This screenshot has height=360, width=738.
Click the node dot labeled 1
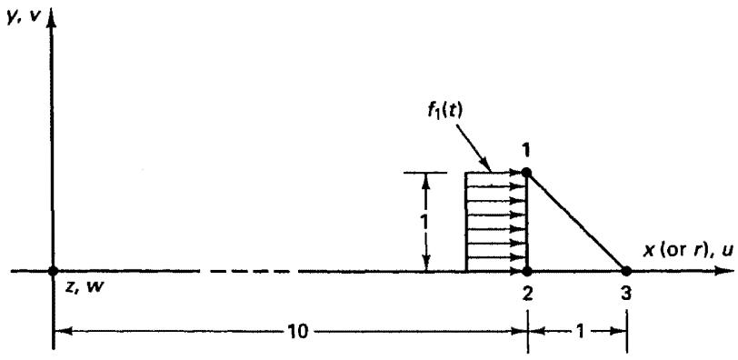526,173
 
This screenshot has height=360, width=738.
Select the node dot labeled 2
527,271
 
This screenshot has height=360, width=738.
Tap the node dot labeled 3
626,271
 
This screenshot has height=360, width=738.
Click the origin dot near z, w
53,271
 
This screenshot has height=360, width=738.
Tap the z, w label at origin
84,287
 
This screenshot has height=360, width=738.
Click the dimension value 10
296,332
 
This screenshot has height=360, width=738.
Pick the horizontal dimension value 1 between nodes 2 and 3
580,332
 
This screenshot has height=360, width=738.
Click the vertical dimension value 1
425,222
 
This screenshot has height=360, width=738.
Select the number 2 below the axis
527,295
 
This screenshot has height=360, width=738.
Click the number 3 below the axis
626,295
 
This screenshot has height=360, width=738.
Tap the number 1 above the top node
526,151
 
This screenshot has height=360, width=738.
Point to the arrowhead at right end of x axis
725,271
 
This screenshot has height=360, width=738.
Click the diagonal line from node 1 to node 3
576,222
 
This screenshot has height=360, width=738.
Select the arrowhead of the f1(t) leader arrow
486,165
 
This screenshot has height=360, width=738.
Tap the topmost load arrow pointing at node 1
495,173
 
